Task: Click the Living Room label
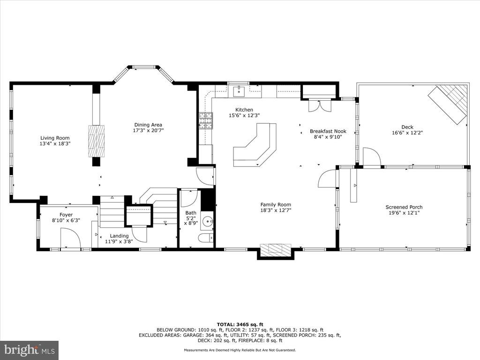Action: [55, 138]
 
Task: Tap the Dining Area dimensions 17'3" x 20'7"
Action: [148, 130]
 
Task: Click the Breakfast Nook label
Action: [328, 131]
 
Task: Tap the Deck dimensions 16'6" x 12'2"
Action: [407, 133]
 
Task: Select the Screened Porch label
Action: [404, 207]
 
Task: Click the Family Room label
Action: [276, 205]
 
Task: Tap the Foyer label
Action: [66, 215]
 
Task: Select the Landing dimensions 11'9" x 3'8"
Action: [119, 241]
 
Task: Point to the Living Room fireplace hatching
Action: [97, 141]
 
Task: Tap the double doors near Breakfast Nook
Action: [320, 105]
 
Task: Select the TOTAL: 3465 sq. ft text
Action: [240, 324]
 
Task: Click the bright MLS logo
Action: [30, 350]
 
